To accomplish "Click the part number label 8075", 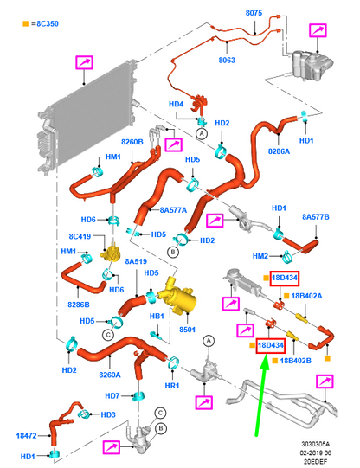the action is (254, 13).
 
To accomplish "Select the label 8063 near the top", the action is (227, 61).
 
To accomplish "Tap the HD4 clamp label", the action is (177, 104).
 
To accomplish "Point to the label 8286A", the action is (279, 151).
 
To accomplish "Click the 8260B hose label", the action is (132, 142).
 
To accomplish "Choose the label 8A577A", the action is (173, 210).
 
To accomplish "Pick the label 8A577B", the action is (316, 216).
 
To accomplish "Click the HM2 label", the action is (260, 256).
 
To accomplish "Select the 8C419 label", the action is (80, 236).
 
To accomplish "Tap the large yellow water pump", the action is (178, 297).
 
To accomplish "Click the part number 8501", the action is (188, 330).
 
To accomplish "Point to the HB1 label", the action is (157, 316).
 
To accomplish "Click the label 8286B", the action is (79, 305).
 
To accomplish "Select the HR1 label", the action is (172, 386).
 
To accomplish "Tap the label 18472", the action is (26, 436).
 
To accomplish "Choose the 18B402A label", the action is (306, 296).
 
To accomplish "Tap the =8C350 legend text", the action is (45, 23).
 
